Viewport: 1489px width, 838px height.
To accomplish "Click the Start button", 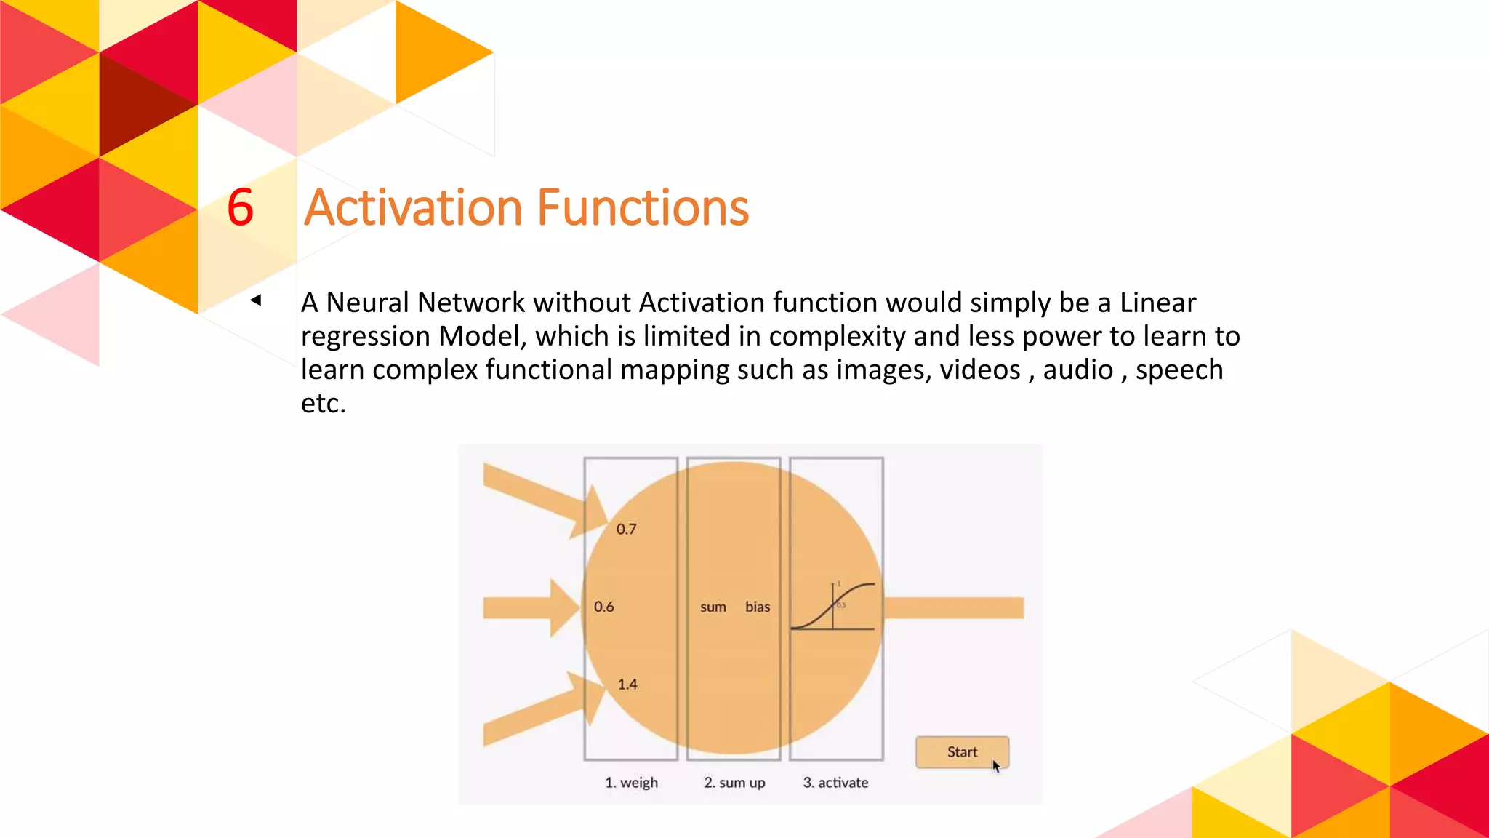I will click(x=961, y=752).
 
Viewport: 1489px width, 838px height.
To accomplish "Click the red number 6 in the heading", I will click(x=241, y=208).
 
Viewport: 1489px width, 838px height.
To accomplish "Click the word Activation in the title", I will click(x=413, y=208).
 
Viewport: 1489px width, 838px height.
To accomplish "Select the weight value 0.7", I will click(x=626, y=530).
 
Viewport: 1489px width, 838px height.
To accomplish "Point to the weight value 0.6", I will click(x=603, y=607).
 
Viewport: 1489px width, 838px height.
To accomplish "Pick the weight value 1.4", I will click(x=627, y=685).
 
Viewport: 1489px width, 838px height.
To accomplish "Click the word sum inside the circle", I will click(x=713, y=607).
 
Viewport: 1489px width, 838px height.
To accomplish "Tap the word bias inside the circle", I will click(x=757, y=607).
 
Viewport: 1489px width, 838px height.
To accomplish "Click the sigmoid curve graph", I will click(x=833, y=606).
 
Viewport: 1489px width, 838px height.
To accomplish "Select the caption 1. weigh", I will click(x=631, y=783).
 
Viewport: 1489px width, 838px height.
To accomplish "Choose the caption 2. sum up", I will click(x=734, y=783).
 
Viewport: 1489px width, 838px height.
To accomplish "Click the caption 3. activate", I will click(x=835, y=783).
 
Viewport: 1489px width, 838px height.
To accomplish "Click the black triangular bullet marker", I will click(x=256, y=300).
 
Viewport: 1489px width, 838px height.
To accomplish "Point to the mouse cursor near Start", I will click(x=996, y=766).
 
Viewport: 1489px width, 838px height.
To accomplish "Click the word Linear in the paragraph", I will click(x=1157, y=303).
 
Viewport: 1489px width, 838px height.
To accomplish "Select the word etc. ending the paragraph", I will click(x=323, y=403).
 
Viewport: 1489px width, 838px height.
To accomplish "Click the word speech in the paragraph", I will click(x=1179, y=370).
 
